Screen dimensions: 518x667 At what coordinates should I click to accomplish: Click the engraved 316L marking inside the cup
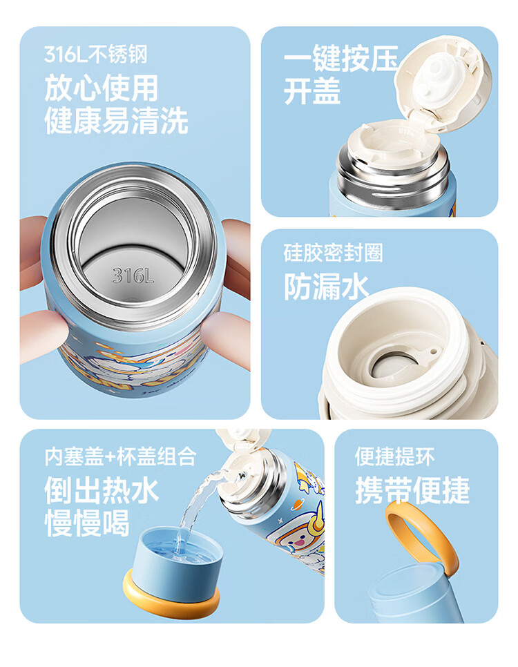133,275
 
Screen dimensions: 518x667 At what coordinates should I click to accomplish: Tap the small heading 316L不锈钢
96,55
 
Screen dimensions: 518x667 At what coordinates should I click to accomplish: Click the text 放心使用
102,88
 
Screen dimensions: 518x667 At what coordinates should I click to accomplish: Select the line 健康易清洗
116,121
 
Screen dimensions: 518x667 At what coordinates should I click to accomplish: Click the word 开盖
312,91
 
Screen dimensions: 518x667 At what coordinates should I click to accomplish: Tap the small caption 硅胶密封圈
334,253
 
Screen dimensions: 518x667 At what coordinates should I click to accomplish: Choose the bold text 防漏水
326,286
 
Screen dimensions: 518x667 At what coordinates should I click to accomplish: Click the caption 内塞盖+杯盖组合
120,457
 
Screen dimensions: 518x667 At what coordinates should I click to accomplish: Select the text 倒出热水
102,490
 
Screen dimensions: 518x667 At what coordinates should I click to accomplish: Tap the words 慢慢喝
87,523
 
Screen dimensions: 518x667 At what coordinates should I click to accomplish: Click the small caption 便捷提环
394,456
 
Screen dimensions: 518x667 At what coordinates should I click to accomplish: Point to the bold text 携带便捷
412,490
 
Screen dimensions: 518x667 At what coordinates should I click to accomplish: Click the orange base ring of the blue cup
171,603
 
